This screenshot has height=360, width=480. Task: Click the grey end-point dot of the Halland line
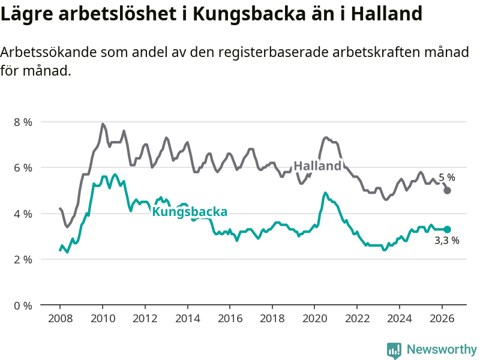[x=447, y=191]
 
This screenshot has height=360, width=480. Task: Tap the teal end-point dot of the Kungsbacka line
[x=447, y=229]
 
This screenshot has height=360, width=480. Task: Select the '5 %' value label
[x=447, y=178]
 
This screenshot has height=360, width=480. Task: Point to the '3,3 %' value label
[x=447, y=241]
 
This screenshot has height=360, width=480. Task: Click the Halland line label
[x=317, y=166]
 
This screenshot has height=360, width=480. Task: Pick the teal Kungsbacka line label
[x=190, y=212]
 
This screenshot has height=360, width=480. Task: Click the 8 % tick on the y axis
[x=23, y=122]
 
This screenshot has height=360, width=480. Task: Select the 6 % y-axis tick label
[x=23, y=168]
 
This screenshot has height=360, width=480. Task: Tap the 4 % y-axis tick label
[x=23, y=214]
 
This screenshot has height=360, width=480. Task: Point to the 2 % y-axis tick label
[x=23, y=259]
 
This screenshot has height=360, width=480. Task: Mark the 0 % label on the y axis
[x=23, y=305]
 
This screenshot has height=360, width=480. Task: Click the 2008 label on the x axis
[x=61, y=319]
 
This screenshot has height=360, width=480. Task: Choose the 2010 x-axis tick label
[x=103, y=319]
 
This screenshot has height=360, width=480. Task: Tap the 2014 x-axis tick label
[x=188, y=319]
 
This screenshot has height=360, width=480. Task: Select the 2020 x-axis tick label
[x=314, y=319]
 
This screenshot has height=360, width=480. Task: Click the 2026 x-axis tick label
[x=442, y=319]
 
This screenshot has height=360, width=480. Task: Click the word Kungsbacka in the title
[x=249, y=14]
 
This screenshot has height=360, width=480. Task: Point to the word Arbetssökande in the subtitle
[x=49, y=52]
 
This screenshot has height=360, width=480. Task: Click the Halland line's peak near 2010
[x=102, y=124]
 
